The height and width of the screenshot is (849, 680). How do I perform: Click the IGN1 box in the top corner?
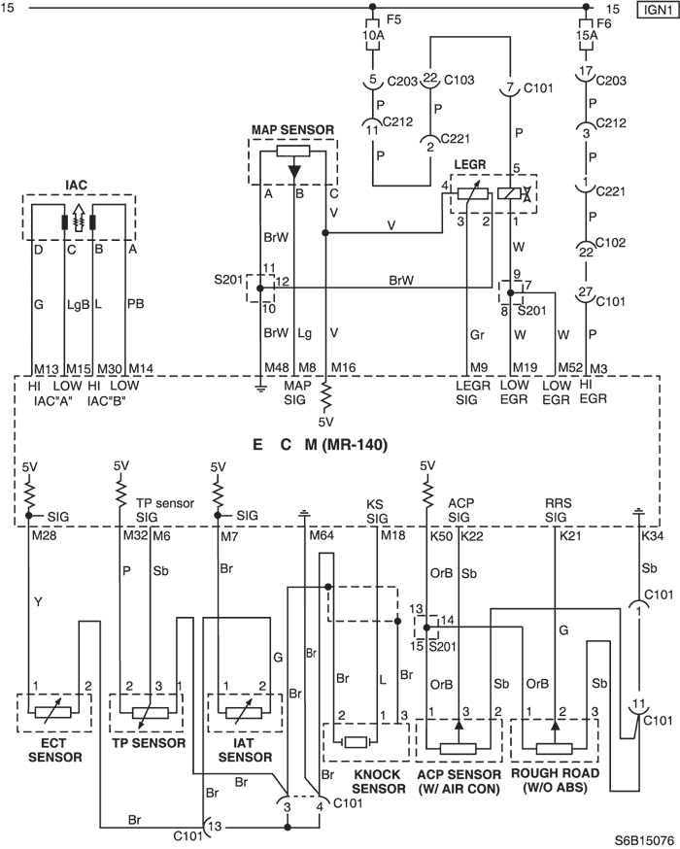(658, 10)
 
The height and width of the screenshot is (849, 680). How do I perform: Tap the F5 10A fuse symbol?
(372, 35)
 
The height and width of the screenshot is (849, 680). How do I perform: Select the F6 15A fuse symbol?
(586, 35)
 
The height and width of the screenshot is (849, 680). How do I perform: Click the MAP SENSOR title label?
(292, 130)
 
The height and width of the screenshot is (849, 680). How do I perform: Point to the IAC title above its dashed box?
(76, 186)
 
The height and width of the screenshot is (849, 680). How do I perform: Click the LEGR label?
(470, 164)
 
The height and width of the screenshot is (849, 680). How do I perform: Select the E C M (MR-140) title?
(321, 445)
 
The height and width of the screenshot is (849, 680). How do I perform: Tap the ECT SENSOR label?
(54, 750)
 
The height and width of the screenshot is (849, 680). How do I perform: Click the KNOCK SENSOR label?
(379, 781)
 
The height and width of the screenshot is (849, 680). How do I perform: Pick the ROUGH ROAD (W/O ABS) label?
(555, 780)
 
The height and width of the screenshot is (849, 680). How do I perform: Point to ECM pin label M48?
(277, 368)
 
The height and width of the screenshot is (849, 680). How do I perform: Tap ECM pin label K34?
(653, 536)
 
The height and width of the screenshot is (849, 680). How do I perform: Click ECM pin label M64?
(322, 536)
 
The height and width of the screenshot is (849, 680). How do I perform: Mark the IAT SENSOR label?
(245, 750)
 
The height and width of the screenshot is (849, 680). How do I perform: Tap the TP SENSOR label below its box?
(149, 743)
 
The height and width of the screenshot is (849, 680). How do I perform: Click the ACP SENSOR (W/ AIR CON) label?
(459, 781)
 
